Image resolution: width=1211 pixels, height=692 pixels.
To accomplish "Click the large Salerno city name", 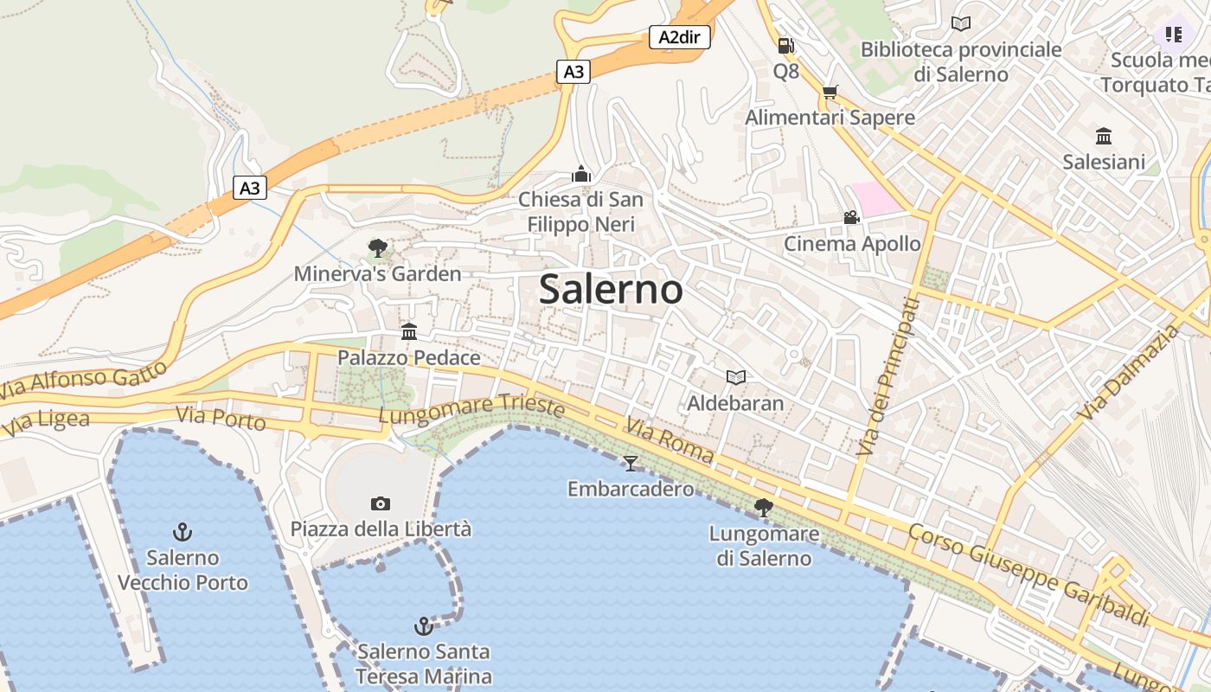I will click(x=611, y=289).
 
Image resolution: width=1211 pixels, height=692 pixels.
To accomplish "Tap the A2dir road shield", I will click(x=679, y=37).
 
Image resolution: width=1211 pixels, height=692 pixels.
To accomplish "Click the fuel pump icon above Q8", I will click(x=785, y=46).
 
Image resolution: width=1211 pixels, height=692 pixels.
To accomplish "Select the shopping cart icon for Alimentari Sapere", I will click(x=830, y=93).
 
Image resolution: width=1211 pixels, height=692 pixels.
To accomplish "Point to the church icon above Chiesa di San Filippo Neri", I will click(x=581, y=175).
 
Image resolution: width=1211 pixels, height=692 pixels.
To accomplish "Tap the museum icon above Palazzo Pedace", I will click(x=409, y=332).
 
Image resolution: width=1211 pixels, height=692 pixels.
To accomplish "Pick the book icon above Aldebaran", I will click(x=735, y=378).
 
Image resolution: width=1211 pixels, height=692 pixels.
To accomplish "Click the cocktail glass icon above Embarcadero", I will click(x=631, y=464).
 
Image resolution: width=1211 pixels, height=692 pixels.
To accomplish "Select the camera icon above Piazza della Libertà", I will click(x=381, y=503).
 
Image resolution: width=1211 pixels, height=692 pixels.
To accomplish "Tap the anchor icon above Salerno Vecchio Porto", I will click(x=183, y=532).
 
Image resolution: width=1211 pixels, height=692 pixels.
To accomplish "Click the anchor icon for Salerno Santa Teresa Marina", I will click(x=423, y=626).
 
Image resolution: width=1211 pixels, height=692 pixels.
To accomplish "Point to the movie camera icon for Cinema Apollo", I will click(x=852, y=218).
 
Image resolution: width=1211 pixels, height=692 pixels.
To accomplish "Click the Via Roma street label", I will click(x=670, y=440).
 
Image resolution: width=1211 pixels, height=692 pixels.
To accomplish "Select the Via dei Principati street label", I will click(x=885, y=376).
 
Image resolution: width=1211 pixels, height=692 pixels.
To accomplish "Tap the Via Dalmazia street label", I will click(x=1130, y=371).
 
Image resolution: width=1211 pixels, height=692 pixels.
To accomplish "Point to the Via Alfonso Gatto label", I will click(x=83, y=381).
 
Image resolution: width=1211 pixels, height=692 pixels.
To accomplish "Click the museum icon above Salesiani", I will click(x=1104, y=137).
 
